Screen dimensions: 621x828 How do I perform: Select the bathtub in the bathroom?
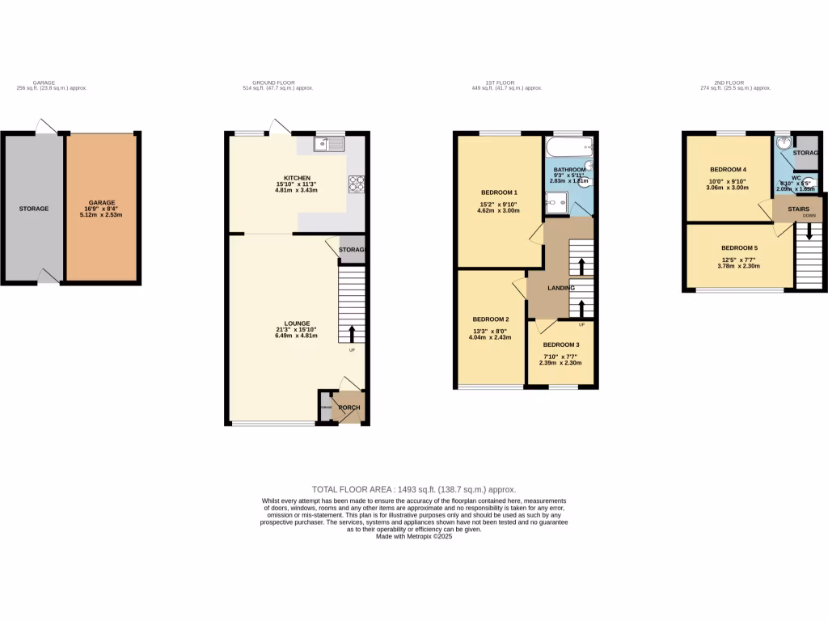click(569, 147)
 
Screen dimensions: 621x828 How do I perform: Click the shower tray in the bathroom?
click(557, 205)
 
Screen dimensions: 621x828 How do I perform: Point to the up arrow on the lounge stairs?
click(352, 333)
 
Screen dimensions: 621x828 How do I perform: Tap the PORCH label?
click(349, 407)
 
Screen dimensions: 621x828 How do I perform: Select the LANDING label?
click(560, 288)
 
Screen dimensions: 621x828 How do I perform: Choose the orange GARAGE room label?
click(101, 203)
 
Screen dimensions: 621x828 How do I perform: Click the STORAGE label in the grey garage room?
click(34, 209)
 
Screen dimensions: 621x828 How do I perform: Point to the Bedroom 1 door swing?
click(535, 234)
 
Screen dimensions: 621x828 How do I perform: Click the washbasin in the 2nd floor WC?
click(782, 144)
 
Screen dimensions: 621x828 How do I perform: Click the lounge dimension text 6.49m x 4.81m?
click(295, 336)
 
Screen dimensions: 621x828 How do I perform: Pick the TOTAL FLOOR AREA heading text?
click(413, 490)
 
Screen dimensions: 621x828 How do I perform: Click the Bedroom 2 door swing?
click(518, 285)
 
